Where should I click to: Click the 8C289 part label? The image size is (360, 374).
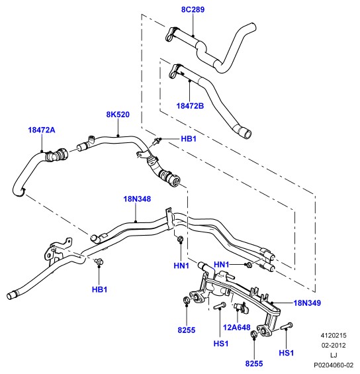(193, 10)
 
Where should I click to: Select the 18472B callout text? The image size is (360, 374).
(190, 106)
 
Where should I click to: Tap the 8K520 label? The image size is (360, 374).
(118, 115)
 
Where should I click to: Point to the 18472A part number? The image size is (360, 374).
(42, 130)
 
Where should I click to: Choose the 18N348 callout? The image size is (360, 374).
(137, 199)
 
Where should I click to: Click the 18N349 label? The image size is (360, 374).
(307, 303)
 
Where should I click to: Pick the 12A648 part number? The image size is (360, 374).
(236, 328)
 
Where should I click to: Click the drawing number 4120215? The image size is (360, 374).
(334, 336)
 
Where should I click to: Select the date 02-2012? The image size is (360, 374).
(334, 345)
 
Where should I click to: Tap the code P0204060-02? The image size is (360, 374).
(334, 365)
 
